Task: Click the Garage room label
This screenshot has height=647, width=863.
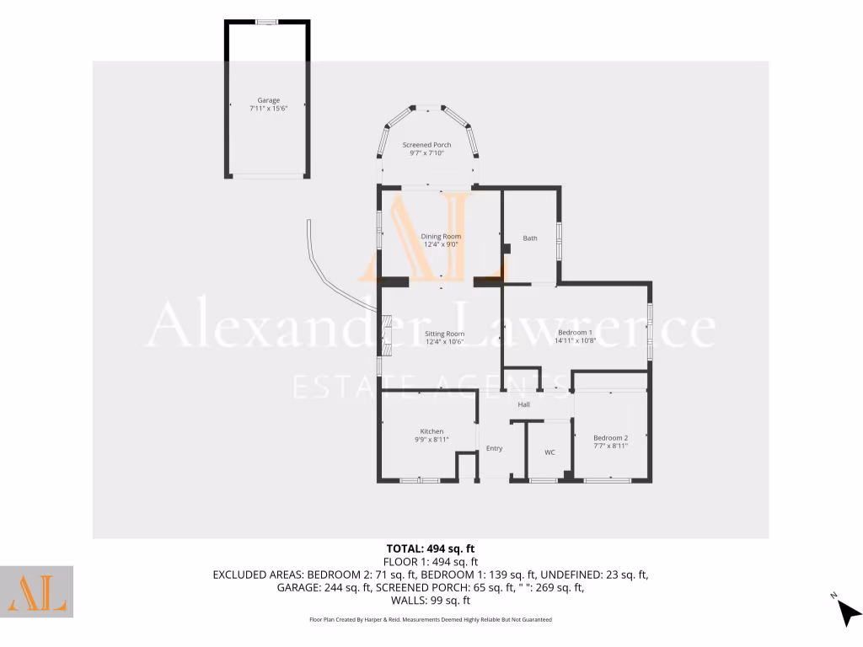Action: [x=268, y=100]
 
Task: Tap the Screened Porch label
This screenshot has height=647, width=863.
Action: [x=427, y=145]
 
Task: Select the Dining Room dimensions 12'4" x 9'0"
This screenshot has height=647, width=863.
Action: [x=442, y=245]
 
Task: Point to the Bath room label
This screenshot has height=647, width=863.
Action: [x=529, y=238]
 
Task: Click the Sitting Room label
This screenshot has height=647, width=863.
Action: [x=444, y=334]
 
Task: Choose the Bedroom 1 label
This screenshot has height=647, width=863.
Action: [x=576, y=332]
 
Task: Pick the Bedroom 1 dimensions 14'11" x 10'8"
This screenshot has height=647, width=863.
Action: [x=576, y=341]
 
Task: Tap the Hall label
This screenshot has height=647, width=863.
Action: [x=523, y=405]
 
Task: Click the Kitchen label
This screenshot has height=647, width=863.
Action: [x=431, y=431]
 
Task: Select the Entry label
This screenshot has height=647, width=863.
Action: [x=494, y=448]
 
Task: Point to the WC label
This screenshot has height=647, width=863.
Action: [x=549, y=452]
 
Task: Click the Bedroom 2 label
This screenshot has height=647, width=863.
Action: [x=610, y=437]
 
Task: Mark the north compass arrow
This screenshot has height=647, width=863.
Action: [x=846, y=611]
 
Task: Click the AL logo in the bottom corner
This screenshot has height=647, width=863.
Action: [x=36, y=591]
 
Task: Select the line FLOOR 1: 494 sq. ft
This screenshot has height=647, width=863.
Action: [x=431, y=562]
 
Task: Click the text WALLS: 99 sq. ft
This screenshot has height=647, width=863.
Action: [x=431, y=601]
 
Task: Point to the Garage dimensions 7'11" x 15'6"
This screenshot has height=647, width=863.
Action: [x=268, y=110]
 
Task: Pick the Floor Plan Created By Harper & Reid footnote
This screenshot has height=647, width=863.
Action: [x=431, y=620]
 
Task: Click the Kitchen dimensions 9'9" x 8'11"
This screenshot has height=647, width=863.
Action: [x=431, y=440]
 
